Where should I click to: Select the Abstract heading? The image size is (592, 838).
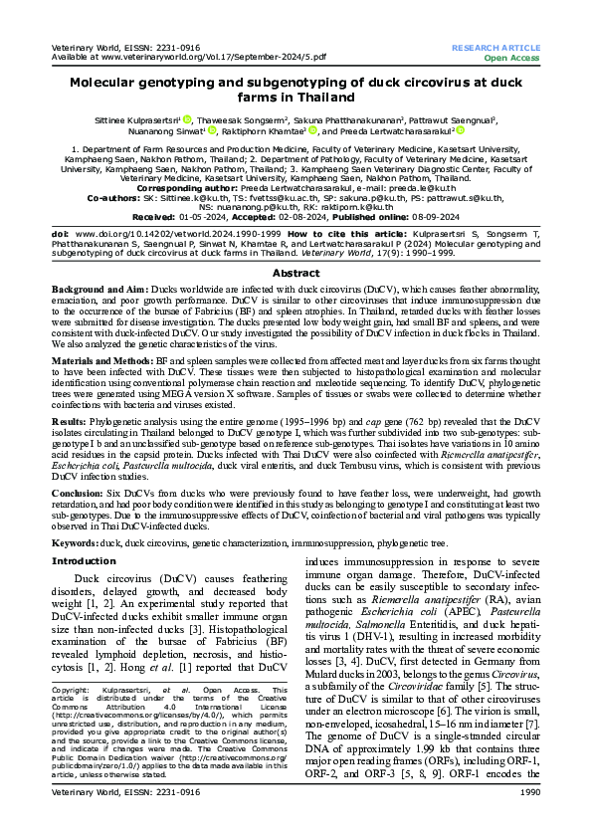pyautogui.click(x=296, y=272)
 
